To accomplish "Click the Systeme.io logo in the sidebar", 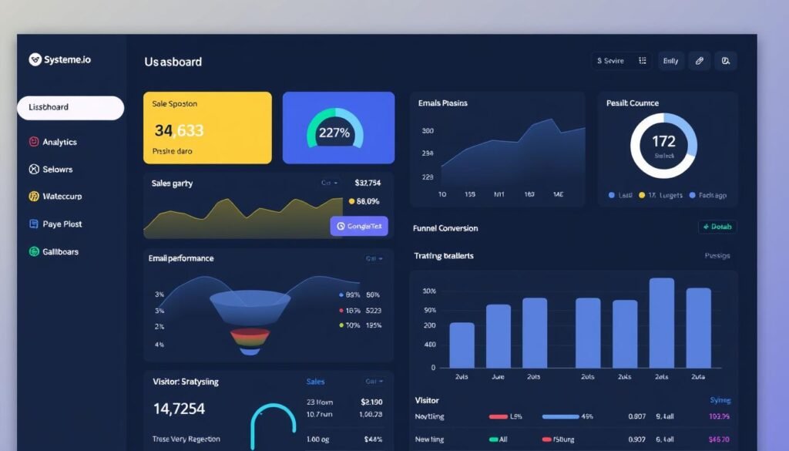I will tap(59, 59).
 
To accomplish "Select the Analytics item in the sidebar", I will tap(59, 142).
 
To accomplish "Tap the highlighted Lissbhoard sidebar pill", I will tap(70, 108).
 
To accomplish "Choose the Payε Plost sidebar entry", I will tap(62, 224).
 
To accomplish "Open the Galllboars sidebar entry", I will tap(59, 252).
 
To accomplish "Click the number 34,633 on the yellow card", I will tap(179, 131).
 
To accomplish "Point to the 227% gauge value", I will tap(334, 133).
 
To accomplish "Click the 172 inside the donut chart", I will tap(663, 141).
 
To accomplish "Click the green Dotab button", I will tap(717, 227).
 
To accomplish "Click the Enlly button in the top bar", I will tap(670, 61).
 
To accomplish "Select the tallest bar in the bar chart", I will tap(662, 322).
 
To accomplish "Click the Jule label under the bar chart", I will tap(498, 377).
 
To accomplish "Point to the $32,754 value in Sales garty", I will tap(368, 183).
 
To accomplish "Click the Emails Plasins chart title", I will tap(442, 103).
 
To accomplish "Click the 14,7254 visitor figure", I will tap(179, 409).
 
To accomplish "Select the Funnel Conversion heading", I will tap(445, 228).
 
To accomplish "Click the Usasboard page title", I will tap(173, 62).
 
